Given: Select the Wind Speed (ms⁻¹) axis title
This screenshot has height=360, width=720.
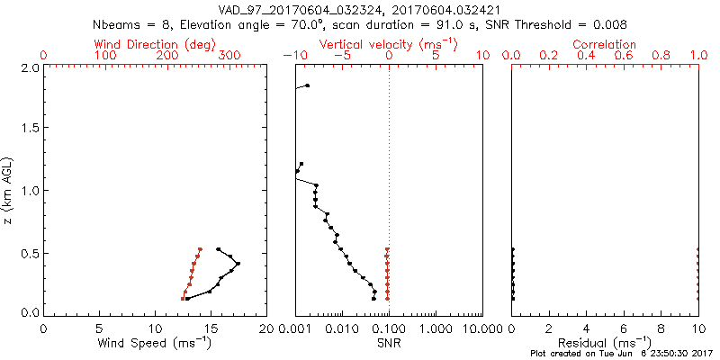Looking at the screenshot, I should pos(156,344).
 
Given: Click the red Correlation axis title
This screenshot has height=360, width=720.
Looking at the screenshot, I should pos(605,44).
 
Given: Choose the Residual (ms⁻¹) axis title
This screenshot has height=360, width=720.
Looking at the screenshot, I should pos(605,344).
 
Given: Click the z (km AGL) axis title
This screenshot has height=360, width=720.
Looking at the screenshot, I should pos(9,190).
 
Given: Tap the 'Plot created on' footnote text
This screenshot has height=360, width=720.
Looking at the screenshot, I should pos(620,355).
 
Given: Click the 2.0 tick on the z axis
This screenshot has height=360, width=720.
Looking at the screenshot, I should pos(30,67).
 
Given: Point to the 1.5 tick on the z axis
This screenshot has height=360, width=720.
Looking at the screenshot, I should pos(30,129).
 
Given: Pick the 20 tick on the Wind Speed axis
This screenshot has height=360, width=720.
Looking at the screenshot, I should pos(265,328).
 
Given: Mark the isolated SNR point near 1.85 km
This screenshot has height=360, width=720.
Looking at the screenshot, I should pos(308,85).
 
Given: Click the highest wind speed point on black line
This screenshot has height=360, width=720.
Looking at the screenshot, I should pos(238,263).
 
